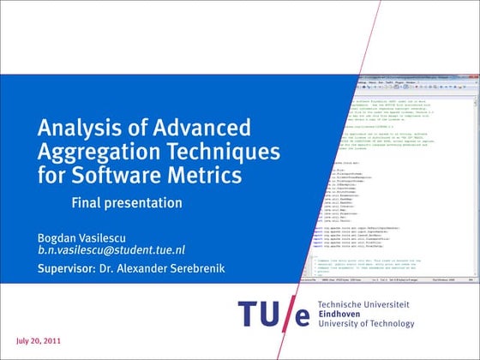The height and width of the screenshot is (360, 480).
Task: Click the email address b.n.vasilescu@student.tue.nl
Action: pos(111,250)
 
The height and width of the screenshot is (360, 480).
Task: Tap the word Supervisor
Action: pos(65,269)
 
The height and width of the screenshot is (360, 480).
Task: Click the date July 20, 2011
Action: pos(38,340)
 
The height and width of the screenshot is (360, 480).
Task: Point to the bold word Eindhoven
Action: pos(341,314)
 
